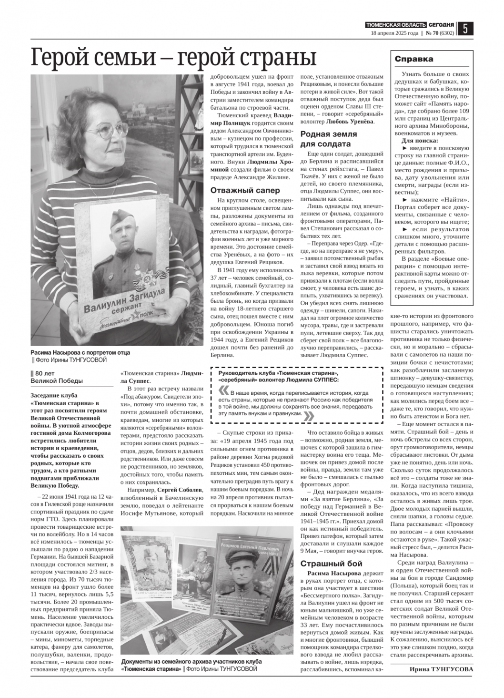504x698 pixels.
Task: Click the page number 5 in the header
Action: click(x=465, y=29)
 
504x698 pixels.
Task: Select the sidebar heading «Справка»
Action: click(x=414, y=59)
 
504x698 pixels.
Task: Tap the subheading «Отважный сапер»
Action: click(x=236, y=190)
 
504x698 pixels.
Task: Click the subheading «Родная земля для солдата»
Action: click(x=328, y=139)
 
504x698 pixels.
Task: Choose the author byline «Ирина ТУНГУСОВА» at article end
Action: click(x=441, y=669)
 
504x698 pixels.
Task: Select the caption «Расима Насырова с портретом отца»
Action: click(x=80, y=352)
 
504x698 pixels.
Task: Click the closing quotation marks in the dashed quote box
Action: click(x=309, y=416)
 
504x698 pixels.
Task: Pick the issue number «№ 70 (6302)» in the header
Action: click(x=439, y=33)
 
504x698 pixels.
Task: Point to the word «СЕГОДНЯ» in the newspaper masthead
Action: click(x=441, y=25)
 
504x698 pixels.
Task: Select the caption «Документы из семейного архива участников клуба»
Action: click(x=192, y=662)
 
